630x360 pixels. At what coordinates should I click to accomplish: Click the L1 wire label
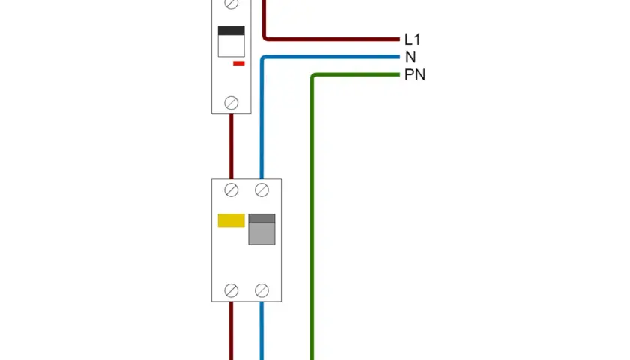[412, 40]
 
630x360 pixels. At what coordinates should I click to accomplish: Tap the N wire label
[410, 58]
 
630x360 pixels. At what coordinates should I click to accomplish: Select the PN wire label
[415, 75]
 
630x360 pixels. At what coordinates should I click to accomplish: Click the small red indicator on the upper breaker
[239, 64]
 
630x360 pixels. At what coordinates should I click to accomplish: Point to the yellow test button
[232, 220]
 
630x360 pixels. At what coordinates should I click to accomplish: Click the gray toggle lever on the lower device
[262, 229]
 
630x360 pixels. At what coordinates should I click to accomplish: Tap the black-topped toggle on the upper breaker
[232, 42]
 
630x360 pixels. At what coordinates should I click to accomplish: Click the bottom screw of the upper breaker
[232, 103]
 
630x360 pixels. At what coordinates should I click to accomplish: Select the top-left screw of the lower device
[232, 190]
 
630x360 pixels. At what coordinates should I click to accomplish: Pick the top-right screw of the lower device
[262, 190]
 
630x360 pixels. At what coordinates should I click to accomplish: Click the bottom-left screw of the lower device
[232, 290]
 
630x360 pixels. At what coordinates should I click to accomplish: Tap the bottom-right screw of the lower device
[262, 290]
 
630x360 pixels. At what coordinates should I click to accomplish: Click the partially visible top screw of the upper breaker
[232, 4]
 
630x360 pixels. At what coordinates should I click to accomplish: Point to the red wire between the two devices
[232, 147]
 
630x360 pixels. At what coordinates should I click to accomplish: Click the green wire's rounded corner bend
[313, 76]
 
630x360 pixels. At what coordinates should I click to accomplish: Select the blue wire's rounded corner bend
[263, 58]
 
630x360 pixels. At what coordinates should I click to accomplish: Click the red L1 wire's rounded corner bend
[265, 38]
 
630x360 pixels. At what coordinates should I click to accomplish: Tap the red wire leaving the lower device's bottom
[232, 331]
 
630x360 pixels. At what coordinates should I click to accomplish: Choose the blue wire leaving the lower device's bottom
[262, 331]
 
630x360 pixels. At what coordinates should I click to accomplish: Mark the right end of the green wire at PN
[399, 75]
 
